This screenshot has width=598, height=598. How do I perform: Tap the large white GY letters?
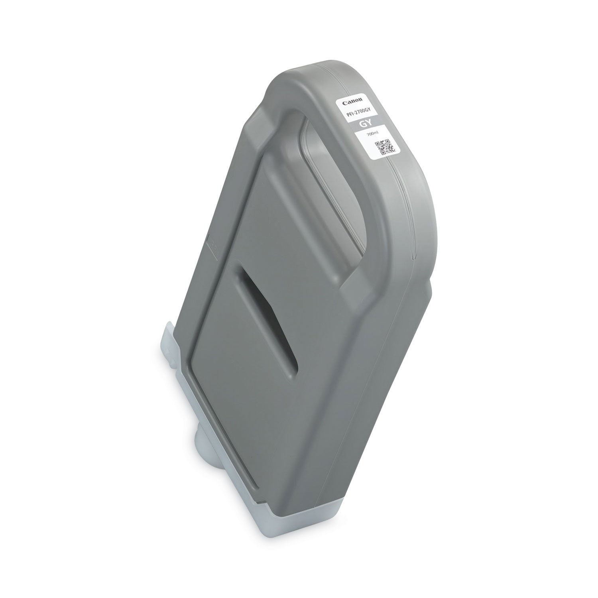(365, 125)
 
